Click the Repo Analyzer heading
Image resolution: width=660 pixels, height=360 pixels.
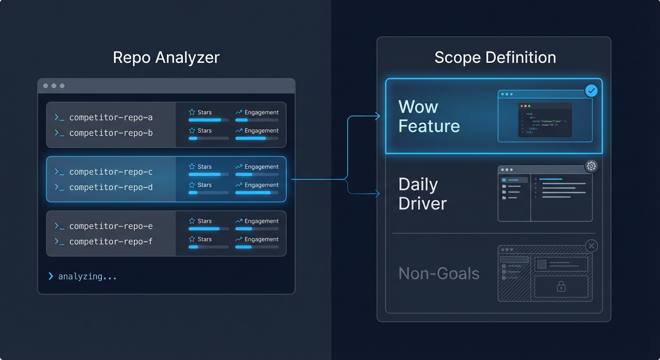[x=166, y=57]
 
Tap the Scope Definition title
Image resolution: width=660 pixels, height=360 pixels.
[x=495, y=57]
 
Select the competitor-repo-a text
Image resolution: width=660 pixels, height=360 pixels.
[x=111, y=118]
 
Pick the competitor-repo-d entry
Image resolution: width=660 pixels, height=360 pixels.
[x=111, y=187]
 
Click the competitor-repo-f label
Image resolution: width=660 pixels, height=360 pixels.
[x=111, y=242]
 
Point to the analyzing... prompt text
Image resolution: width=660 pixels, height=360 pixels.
[x=87, y=277]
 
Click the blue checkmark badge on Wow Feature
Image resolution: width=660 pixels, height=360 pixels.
[x=592, y=90]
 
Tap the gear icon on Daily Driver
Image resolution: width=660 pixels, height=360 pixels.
[x=591, y=166]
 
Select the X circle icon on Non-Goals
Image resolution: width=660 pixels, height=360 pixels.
[x=592, y=246]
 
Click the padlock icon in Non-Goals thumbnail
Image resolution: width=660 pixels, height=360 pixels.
[x=561, y=286]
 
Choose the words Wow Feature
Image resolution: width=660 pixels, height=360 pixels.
[x=428, y=116]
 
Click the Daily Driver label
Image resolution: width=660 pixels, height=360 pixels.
[x=422, y=194]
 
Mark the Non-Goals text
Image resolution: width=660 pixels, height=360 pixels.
[x=439, y=273]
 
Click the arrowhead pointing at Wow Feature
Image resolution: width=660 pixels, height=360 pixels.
[x=378, y=116]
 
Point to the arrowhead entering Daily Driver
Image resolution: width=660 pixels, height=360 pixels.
[x=378, y=194]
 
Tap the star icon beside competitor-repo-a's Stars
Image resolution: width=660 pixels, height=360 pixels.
[x=192, y=112]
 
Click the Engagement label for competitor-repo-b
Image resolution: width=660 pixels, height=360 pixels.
[x=261, y=131]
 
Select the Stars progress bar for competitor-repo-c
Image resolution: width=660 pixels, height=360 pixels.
[x=209, y=174]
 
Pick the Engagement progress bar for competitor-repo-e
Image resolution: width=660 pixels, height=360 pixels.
[x=257, y=229]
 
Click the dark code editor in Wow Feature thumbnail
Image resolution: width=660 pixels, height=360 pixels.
[x=545, y=120]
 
